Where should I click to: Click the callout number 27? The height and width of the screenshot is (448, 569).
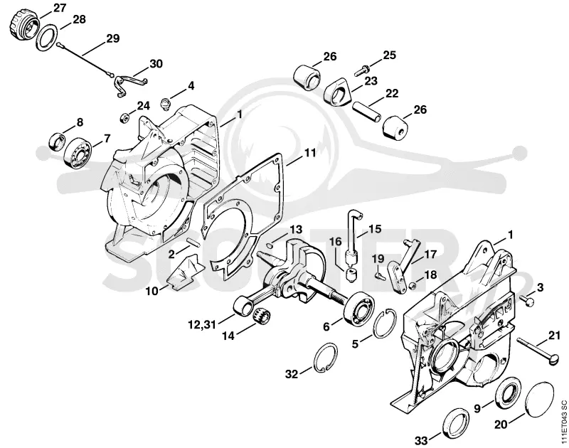tap(60, 8)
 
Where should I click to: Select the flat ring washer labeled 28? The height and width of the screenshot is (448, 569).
tap(47, 36)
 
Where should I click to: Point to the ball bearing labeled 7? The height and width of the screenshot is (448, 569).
tap(77, 154)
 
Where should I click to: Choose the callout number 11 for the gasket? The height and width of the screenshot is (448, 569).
tap(309, 152)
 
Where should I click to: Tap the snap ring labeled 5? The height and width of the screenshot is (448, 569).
tap(385, 324)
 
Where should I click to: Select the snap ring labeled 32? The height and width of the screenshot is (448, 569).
tap(325, 357)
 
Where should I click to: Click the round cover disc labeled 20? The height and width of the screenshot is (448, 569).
tap(540, 398)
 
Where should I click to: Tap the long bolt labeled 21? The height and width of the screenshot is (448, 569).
tap(531, 349)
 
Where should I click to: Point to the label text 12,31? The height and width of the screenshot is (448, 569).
tap(202, 324)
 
